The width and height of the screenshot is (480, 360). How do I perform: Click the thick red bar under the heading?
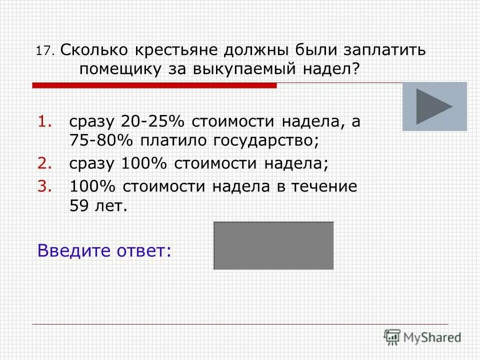click(154, 86)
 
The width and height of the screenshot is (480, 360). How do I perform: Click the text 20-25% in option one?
click(150, 122)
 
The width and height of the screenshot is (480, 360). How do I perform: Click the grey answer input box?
click(273, 245)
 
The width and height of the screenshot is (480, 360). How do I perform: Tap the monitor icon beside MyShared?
click(392, 336)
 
